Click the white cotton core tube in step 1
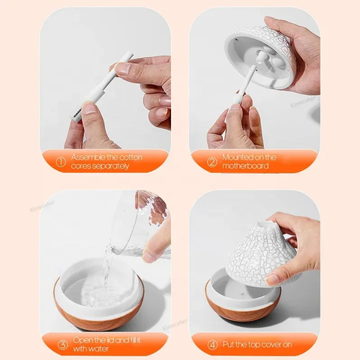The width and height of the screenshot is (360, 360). point(103,85)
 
